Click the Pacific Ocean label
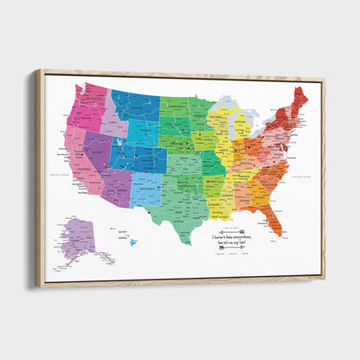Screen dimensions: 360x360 pyautogui.click(x=61, y=177)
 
